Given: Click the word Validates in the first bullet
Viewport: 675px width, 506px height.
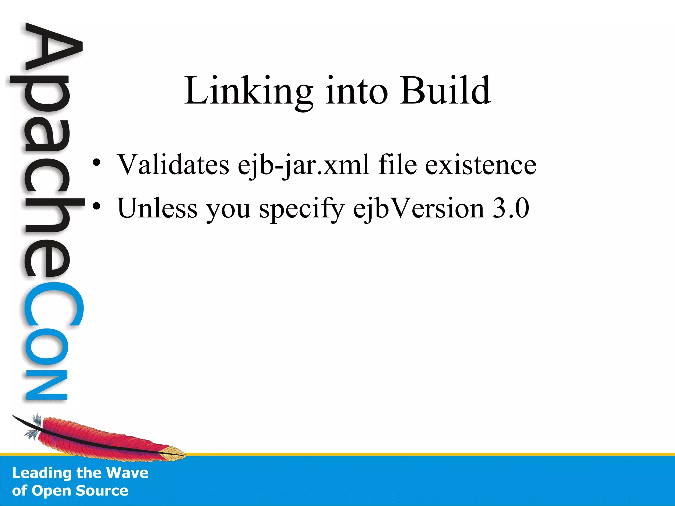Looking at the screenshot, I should (173, 164).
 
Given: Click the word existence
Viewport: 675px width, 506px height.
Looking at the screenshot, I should (481, 164).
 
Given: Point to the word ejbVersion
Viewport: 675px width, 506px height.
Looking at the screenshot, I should (419, 209).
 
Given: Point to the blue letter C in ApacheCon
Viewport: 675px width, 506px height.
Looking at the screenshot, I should (53, 305).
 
